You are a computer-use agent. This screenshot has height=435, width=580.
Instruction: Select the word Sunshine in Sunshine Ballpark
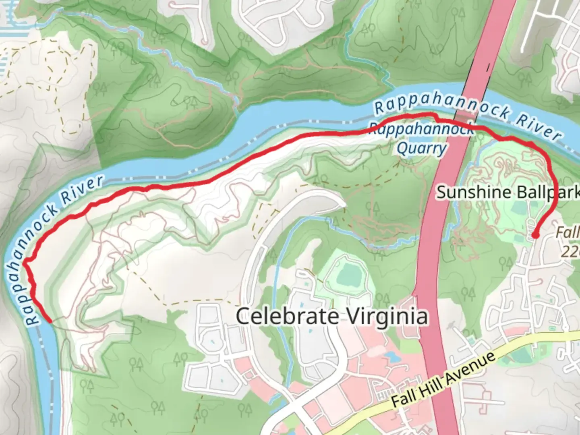468,192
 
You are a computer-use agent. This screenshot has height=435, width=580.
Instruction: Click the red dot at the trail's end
536,235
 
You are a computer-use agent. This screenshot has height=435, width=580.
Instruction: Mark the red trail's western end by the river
49,321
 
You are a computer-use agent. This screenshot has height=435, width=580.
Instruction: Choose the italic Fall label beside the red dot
567,233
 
